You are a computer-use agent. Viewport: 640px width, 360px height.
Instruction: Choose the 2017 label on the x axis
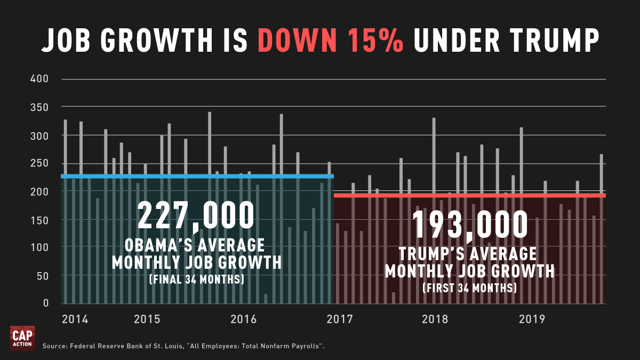pyautogui.click(x=340, y=319)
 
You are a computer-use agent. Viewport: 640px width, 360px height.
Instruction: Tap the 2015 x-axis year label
pyautogui.click(x=147, y=319)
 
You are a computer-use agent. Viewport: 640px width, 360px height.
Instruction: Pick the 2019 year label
pyautogui.click(x=532, y=319)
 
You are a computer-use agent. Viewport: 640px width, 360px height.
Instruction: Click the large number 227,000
pyautogui.click(x=196, y=215)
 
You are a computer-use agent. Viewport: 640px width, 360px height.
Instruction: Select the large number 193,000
pyautogui.click(x=470, y=225)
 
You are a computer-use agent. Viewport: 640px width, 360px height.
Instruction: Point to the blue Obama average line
pyautogui.click(x=197, y=176)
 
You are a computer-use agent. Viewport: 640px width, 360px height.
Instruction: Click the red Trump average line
pyautogui.click(x=469, y=196)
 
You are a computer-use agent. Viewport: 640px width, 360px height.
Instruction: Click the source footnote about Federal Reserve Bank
pyautogui.click(x=183, y=347)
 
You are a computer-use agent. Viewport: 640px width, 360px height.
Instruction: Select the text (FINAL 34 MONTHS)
pyautogui.click(x=196, y=279)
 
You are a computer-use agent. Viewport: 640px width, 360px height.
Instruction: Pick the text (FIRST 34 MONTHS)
pyautogui.click(x=469, y=289)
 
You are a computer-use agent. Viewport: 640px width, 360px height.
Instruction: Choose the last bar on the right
pyautogui.click(x=602, y=229)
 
